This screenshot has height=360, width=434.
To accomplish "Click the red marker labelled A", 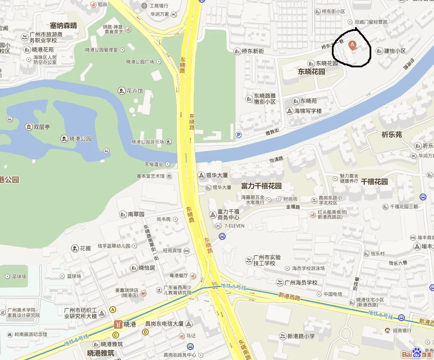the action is (351, 44).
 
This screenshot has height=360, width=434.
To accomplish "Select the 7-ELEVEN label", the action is (234, 226).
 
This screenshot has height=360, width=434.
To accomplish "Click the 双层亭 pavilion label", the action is (42, 127).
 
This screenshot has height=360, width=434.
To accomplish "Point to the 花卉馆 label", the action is (135, 91).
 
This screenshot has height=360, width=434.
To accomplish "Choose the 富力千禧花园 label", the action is (261, 186).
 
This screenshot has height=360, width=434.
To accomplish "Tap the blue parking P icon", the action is (239, 135).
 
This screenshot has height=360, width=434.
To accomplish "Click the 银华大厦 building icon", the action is (201, 175).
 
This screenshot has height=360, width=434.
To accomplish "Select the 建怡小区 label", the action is (395, 51).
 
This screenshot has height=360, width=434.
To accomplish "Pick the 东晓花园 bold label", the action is (312, 72).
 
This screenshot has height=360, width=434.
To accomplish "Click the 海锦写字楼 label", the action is (308, 111).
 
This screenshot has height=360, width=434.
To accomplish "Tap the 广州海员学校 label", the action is (300, 282).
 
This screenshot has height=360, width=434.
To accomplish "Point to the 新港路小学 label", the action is (301, 336).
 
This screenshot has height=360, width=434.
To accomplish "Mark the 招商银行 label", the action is (402, 330).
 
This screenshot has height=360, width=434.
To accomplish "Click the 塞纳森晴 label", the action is (64, 25).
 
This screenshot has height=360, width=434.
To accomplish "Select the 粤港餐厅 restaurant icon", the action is (193, 275).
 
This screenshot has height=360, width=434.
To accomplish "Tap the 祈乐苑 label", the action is (392, 135).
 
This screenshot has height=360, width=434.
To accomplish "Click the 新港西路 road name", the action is (289, 297).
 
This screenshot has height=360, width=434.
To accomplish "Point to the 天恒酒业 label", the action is (154, 164).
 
